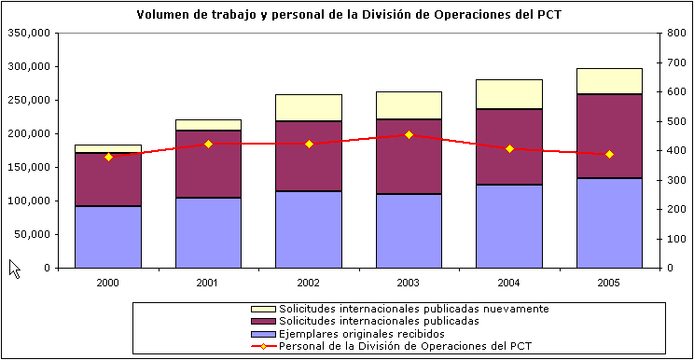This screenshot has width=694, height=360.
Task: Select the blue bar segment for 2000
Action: [108, 237]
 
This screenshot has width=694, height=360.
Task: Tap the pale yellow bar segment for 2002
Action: [309, 107]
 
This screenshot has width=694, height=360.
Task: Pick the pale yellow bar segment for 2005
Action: [609, 81]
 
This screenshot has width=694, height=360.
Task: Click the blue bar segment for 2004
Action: [509, 226]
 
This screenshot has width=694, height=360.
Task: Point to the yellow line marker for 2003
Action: [409, 134]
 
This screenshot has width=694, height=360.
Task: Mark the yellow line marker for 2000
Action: [108, 157]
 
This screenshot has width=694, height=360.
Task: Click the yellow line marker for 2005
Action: [609, 154]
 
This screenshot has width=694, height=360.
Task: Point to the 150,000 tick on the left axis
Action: [27, 134]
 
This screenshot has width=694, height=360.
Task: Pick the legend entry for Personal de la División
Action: [391, 346]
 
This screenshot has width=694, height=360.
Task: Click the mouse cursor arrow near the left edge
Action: [13, 268]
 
